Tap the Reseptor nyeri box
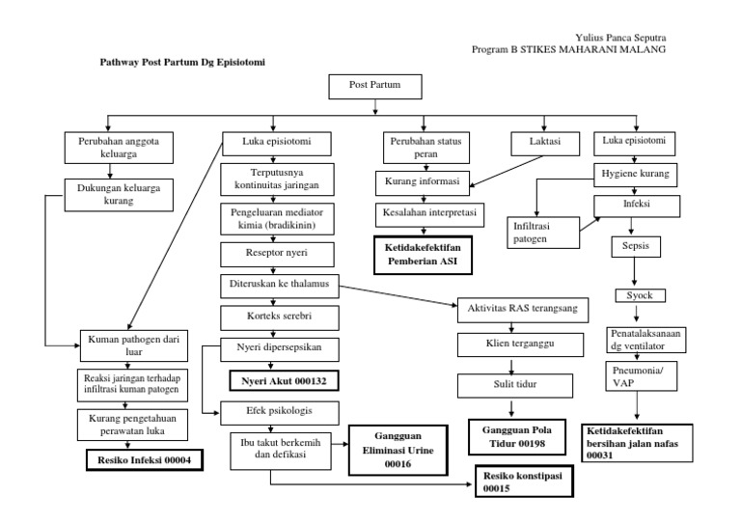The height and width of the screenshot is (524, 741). [277, 255]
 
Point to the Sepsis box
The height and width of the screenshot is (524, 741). [635, 246]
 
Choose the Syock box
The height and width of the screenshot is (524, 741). [640, 295]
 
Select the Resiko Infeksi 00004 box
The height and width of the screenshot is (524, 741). [145, 460]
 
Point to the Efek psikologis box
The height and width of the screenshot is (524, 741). [279, 409]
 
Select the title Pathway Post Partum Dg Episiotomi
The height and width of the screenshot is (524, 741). [183, 61]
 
